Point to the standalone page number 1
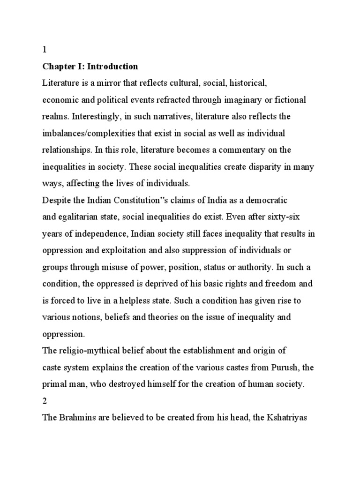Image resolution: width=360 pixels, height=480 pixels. (x=45, y=50)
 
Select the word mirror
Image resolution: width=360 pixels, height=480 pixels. (x=103, y=83)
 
